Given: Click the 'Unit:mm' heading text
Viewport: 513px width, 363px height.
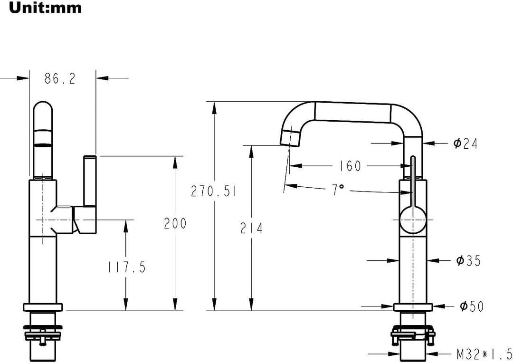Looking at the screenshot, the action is (45, 8).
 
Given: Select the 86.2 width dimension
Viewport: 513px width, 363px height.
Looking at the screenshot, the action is (60, 78).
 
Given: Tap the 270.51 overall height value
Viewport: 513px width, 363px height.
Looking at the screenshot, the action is (214, 191).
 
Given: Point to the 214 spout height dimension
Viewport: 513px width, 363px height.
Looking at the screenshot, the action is (251, 228).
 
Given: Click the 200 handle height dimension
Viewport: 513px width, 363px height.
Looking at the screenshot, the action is (175, 223).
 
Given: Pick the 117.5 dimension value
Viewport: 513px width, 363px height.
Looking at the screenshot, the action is (127, 267).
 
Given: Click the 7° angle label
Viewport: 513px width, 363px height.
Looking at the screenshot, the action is (338, 190).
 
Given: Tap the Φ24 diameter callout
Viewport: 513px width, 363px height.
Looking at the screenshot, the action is (465, 143).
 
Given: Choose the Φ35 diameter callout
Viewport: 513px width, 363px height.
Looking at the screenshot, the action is (468, 261).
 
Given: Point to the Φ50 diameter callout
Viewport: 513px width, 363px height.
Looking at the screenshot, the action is (472, 306).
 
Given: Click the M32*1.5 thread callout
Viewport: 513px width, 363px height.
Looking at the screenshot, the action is (484, 353).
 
